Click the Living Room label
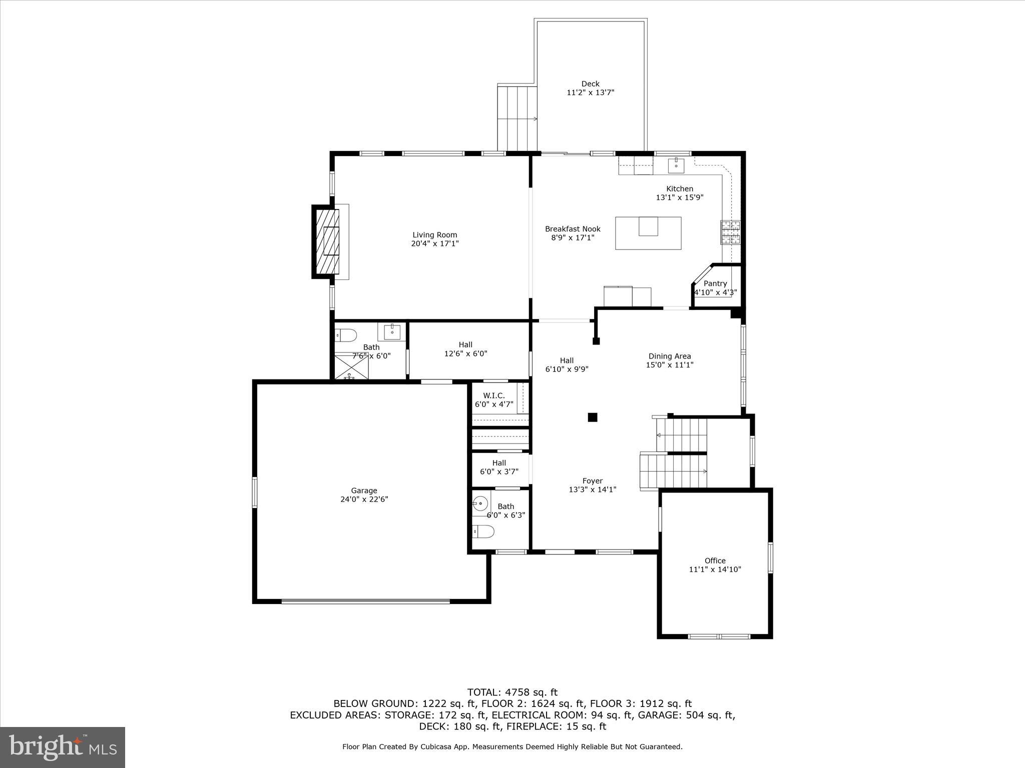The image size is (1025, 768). pyautogui.click(x=434, y=235)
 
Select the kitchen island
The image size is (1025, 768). pyautogui.click(x=648, y=233)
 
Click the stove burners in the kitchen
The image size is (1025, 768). pyautogui.click(x=730, y=232)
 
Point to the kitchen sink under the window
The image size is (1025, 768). pyautogui.click(x=676, y=163)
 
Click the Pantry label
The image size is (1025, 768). pyautogui.click(x=715, y=283)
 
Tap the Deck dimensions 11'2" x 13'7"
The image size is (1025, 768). pyautogui.click(x=590, y=92)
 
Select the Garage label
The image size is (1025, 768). pyautogui.click(x=364, y=490)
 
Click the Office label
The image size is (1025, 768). pyautogui.click(x=715, y=560)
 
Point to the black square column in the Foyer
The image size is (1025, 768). pyautogui.click(x=593, y=417)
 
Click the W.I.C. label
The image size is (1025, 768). pyautogui.click(x=493, y=395)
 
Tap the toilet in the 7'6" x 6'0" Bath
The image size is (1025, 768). pyautogui.click(x=345, y=334)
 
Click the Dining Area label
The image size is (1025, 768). pyautogui.click(x=670, y=356)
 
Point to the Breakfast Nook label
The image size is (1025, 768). pyautogui.click(x=573, y=229)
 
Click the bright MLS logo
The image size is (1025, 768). pyautogui.click(x=63, y=747)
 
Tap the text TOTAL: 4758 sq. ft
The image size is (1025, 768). pyautogui.click(x=512, y=692)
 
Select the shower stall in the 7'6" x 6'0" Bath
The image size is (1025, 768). pyautogui.click(x=351, y=366)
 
